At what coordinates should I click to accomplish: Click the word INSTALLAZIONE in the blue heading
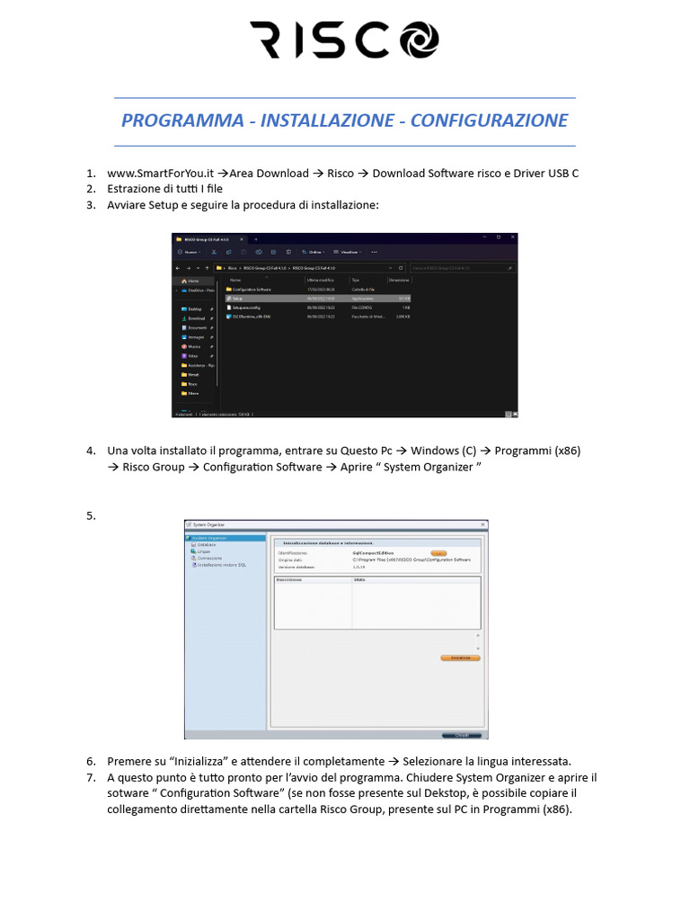tap(327, 121)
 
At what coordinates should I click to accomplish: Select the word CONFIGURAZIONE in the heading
tap(489, 121)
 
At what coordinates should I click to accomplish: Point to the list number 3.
tap(91, 205)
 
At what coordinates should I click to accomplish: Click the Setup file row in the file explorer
tap(237, 298)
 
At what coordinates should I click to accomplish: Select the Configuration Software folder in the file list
tap(252, 290)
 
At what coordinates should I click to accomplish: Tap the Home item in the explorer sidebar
tap(193, 281)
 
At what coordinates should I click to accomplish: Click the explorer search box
tap(462, 268)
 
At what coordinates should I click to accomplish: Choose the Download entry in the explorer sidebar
tap(196, 318)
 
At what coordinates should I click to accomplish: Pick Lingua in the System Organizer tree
tap(205, 551)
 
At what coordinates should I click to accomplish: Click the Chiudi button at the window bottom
tap(461, 735)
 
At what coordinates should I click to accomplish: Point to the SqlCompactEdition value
tap(376, 552)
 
